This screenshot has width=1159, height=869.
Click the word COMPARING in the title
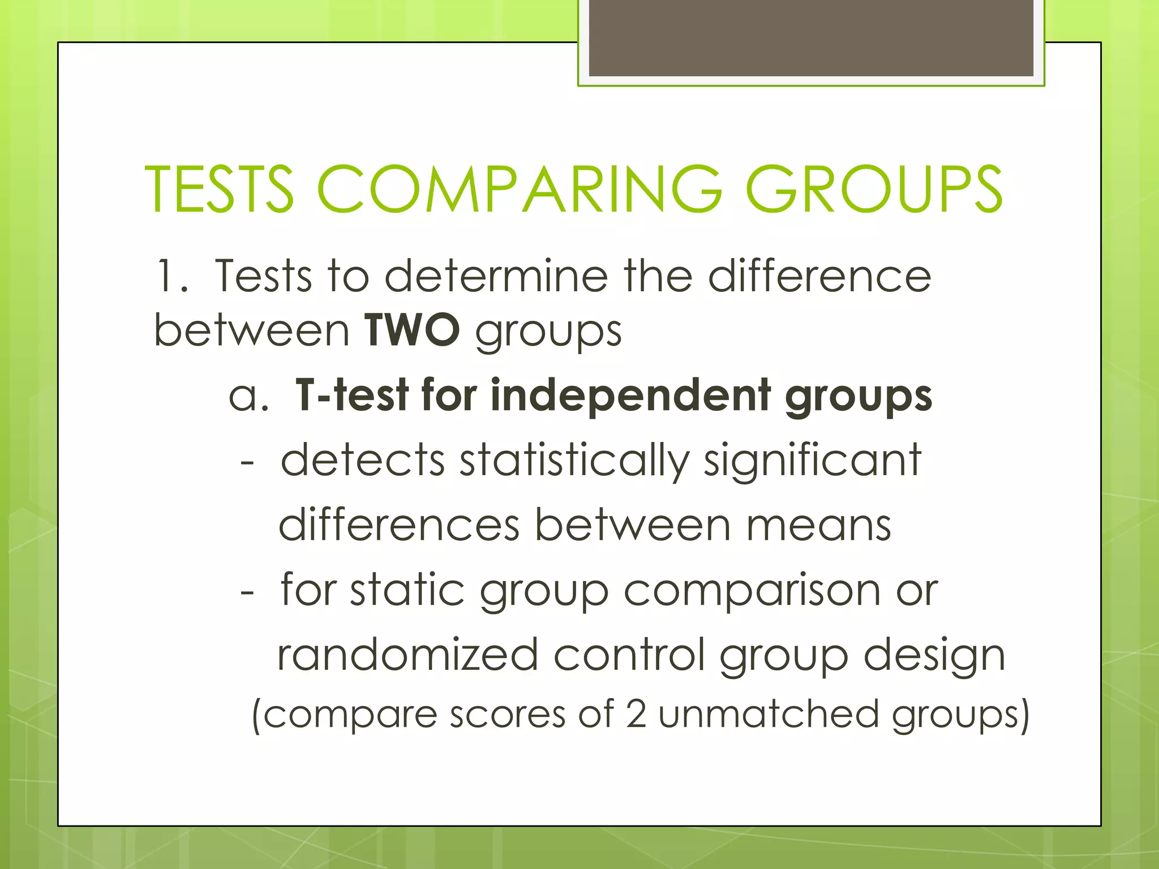point(520,190)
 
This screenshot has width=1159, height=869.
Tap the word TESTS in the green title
point(220,190)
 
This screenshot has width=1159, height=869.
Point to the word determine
point(496,277)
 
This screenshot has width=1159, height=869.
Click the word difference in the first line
point(819,277)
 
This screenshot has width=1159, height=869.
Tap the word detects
point(363,460)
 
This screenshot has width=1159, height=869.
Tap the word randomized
point(407,655)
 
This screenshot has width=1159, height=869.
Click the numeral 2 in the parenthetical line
point(636,714)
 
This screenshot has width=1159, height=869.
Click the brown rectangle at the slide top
point(811,38)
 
